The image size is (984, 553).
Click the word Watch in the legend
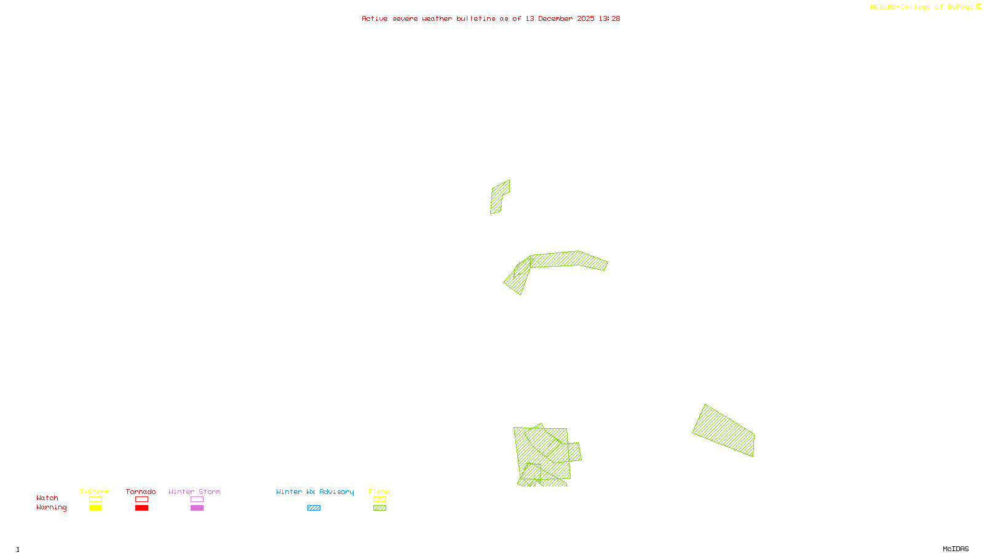point(47,498)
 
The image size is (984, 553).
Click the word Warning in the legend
point(51,508)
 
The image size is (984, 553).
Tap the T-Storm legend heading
point(95,492)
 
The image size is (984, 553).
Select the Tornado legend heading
point(141,492)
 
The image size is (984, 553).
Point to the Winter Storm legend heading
point(194,492)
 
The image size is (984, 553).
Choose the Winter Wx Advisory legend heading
point(315,492)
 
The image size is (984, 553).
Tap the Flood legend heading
point(379,492)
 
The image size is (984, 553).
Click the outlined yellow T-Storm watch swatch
point(95,500)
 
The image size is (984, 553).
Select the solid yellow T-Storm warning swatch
point(95,508)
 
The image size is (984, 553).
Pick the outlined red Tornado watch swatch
point(141,500)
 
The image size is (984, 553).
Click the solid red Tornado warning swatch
point(141,508)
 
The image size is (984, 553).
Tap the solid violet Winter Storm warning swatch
point(197,508)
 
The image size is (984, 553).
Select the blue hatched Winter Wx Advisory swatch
point(314,508)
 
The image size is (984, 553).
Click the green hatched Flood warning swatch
point(379,508)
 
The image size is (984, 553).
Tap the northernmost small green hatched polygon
point(499,197)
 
